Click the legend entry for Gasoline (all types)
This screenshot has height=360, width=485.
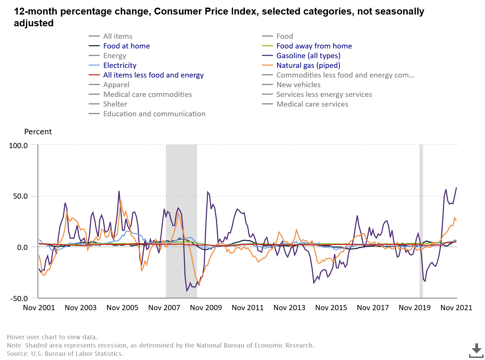(x=308, y=56)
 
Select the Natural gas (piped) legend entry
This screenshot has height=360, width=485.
(x=308, y=65)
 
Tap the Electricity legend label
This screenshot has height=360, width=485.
(x=120, y=65)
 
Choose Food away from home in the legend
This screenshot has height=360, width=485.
(x=314, y=46)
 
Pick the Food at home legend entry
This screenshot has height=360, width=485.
(x=126, y=46)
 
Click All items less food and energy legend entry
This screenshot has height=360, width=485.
(x=153, y=75)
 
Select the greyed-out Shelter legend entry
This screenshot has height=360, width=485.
(x=115, y=104)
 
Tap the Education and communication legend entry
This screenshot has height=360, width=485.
(x=154, y=114)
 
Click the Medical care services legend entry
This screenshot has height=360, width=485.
(x=312, y=104)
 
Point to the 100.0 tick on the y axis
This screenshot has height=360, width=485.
(x=18, y=146)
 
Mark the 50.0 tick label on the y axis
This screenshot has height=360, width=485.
(x=20, y=196)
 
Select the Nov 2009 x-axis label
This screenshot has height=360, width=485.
(x=206, y=307)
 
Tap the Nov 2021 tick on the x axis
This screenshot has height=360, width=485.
(x=456, y=307)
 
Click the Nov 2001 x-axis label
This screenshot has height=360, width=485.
(x=39, y=307)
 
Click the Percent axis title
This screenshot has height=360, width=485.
(x=38, y=132)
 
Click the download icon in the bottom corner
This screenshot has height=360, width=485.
(x=476, y=350)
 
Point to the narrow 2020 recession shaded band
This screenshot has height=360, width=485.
(x=421, y=222)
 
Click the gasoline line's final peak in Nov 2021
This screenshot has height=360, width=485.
(x=456, y=188)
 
